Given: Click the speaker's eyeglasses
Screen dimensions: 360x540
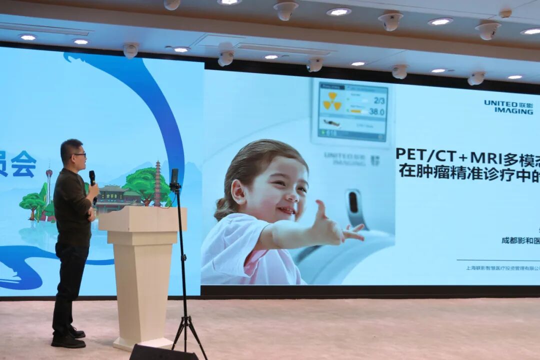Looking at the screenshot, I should click(x=80, y=155).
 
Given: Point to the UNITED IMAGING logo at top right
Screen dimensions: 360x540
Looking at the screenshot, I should click(x=508, y=107).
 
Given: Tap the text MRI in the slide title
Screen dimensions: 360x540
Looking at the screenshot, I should click(x=485, y=158).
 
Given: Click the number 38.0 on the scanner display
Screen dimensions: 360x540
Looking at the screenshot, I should click(x=376, y=111).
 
